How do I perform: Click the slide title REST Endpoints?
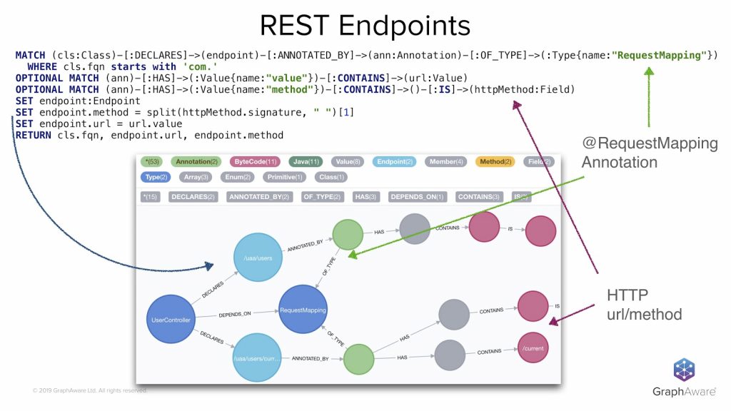pos(365,25)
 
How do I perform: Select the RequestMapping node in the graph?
pos(303,310)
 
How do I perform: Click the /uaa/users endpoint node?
pos(258,258)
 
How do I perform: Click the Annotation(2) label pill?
pos(198,162)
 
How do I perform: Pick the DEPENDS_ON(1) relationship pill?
pos(417,197)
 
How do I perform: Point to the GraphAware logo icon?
pos(684,370)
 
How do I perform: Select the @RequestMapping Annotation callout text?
pos(649,153)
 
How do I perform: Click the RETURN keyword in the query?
pos(33,135)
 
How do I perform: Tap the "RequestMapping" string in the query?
pos(657,56)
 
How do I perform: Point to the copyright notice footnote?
pos(89,390)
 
